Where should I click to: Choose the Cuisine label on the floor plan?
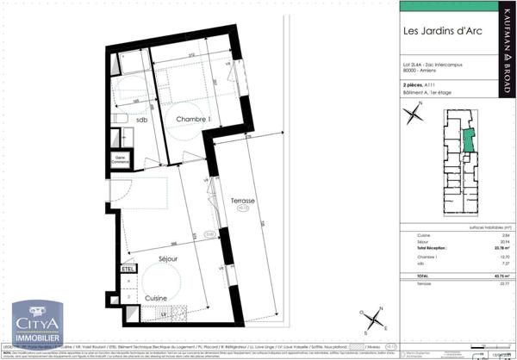point(156,297)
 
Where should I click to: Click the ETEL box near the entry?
point(128,269)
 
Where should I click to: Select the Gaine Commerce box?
point(121,159)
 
